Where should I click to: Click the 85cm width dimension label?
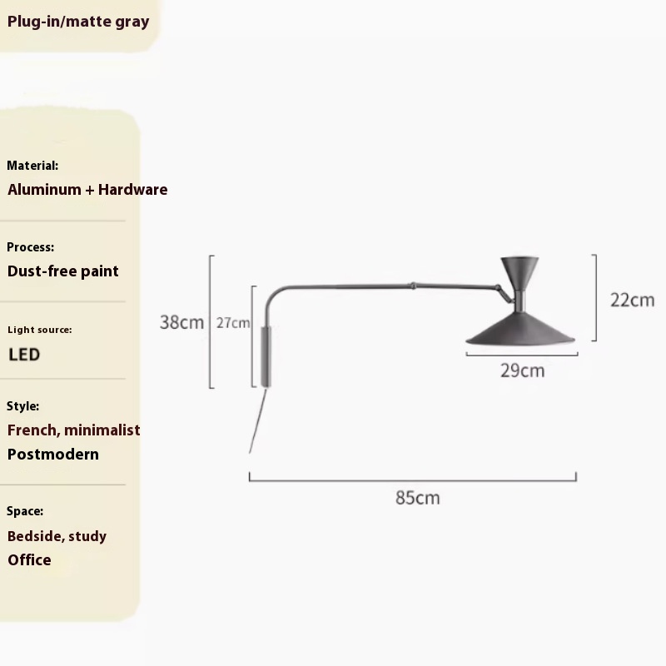(417, 498)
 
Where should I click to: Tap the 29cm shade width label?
(522, 370)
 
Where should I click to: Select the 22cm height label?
(632, 300)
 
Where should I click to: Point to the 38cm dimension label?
(181, 322)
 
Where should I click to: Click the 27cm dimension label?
(233, 323)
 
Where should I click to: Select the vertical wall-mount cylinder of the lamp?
(266, 355)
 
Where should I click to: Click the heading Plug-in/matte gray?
(78, 22)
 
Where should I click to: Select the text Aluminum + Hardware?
(87, 189)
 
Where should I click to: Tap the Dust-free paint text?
(63, 271)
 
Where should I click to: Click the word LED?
(24, 355)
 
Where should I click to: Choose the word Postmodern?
(53, 454)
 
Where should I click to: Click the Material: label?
(32, 166)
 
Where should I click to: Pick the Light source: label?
(39, 330)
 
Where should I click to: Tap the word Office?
(30, 559)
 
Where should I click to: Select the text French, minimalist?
(74, 430)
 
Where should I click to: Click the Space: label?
(25, 511)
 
